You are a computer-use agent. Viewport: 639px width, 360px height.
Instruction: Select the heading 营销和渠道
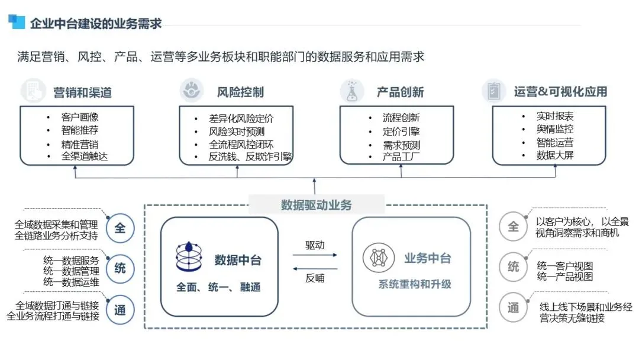coord(82,92)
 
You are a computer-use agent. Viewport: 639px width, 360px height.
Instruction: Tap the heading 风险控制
coord(240,92)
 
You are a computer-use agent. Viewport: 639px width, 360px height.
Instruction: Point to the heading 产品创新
coord(400,92)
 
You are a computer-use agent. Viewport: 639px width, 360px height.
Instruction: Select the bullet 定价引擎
coord(401,131)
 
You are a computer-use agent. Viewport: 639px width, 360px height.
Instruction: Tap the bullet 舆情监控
coord(554,129)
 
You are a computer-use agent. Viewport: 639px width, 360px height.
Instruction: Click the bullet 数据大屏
coord(554,156)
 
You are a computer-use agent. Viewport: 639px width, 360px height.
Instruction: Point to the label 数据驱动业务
coord(316,205)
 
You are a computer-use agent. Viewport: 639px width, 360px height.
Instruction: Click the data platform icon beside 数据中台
coord(189,256)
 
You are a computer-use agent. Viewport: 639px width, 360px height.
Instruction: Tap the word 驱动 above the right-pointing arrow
coord(315,245)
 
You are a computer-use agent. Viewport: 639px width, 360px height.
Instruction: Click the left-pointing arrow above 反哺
coord(315,267)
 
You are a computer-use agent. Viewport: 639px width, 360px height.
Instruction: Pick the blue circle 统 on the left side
coord(120,268)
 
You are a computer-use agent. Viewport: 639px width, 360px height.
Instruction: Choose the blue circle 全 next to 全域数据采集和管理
coord(120,228)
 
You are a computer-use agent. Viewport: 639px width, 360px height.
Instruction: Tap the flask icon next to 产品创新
coord(352,91)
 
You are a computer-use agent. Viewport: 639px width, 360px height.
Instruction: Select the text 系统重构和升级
coord(415,284)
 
